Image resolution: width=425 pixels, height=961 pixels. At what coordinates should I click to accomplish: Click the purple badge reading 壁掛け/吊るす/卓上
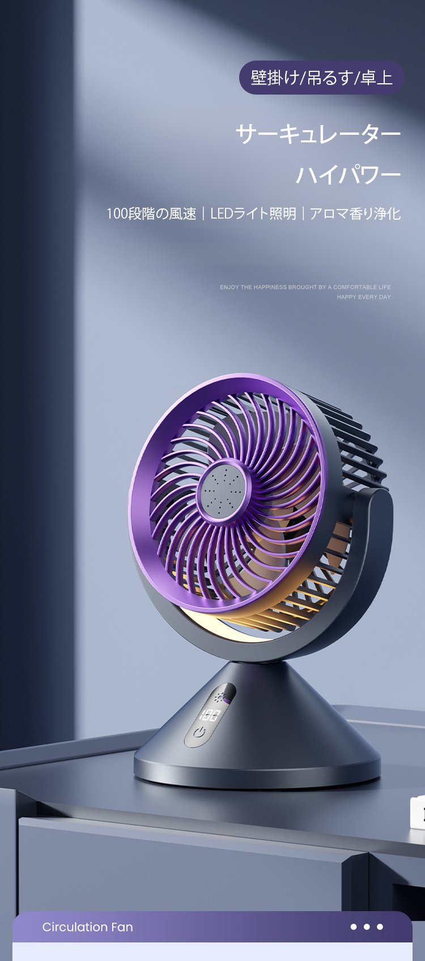click(321, 78)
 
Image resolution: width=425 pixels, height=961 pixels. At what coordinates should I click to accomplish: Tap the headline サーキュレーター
click(318, 134)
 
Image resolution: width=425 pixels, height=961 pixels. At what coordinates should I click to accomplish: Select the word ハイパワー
click(348, 174)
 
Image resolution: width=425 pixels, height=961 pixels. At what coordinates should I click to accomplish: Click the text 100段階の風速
click(151, 213)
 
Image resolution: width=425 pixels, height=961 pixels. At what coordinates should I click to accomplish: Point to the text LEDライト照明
click(253, 213)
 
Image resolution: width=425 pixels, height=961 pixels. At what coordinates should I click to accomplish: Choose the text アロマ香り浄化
click(355, 213)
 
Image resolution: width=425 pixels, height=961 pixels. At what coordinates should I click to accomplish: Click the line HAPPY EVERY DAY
click(364, 297)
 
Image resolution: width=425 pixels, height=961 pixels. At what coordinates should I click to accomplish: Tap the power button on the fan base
click(199, 732)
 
